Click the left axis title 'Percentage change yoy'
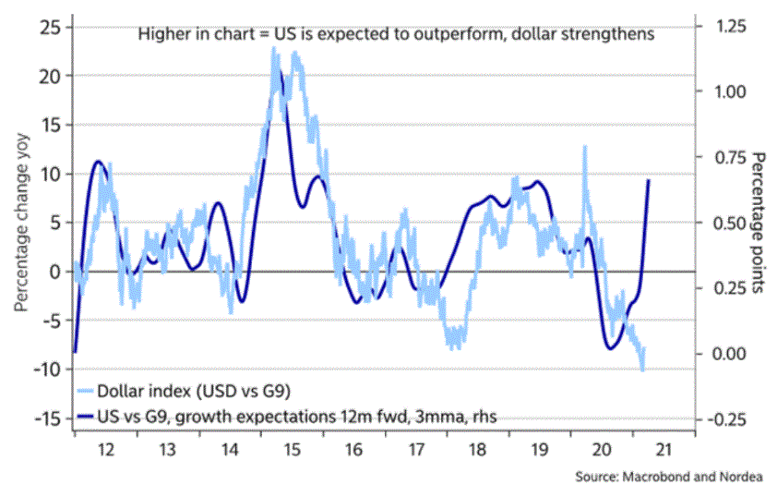(18, 222)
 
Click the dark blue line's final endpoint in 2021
(650, 180)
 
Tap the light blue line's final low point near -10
(642, 370)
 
